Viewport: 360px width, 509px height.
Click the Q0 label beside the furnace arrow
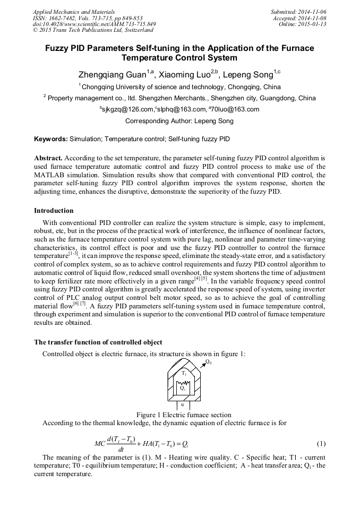[x=208, y=362]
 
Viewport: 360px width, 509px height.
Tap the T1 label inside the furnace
[x=184, y=373]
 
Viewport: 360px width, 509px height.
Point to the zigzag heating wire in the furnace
[x=183, y=382]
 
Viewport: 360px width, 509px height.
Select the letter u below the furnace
[x=183, y=404]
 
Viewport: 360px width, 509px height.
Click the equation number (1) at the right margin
[x=321, y=443]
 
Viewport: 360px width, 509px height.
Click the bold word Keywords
[x=50, y=139]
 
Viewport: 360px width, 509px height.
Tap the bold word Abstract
[x=48, y=158]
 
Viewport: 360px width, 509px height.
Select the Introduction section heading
[x=54, y=211]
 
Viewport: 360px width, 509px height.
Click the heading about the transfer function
[x=98, y=342]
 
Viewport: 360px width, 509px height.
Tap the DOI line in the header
[x=95, y=24]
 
